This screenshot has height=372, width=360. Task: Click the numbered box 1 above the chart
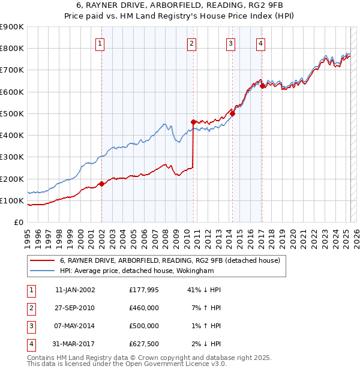(100, 43)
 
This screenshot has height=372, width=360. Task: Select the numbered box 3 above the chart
(230, 43)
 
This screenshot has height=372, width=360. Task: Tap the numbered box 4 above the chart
(261, 43)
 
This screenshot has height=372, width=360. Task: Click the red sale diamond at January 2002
(101, 184)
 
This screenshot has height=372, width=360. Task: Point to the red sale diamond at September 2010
(193, 122)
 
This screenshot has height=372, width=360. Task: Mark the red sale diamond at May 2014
(232, 113)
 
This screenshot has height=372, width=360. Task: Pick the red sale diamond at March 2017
(263, 86)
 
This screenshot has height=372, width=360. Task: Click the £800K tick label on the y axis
(12, 49)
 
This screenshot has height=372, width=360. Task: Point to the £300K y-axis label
(12, 157)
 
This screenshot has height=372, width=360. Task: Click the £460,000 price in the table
(144, 308)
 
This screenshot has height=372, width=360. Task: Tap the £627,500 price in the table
(144, 344)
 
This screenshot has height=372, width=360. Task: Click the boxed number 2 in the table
(31, 308)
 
